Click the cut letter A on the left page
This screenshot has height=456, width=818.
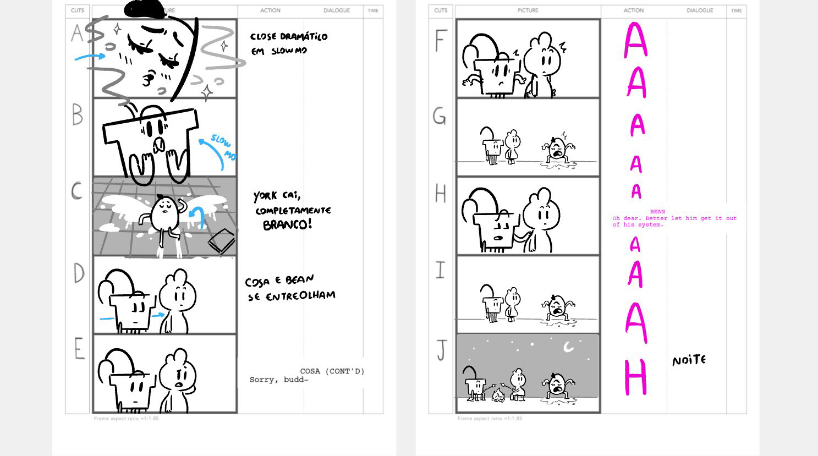tap(77, 34)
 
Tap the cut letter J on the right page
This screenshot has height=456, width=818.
tap(441, 350)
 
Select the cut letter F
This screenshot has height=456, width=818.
tap(440, 40)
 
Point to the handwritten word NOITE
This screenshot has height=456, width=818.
tap(689, 360)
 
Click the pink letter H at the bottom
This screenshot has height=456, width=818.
tap(635, 377)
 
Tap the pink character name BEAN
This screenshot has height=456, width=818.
tap(657, 212)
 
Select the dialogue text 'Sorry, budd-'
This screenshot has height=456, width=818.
tap(279, 380)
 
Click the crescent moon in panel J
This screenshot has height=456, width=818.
tap(569, 347)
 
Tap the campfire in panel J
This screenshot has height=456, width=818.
tap(498, 394)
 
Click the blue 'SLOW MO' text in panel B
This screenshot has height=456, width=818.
tap(223, 148)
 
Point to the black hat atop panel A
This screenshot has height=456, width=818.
tap(145, 9)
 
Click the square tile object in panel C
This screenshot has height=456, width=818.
tap(221, 241)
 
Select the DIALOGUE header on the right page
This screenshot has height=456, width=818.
tap(699, 10)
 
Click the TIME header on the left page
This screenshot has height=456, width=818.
tap(373, 10)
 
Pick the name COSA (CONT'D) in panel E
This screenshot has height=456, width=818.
tap(332, 371)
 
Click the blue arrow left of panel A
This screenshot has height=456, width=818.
tap(90, 56)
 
